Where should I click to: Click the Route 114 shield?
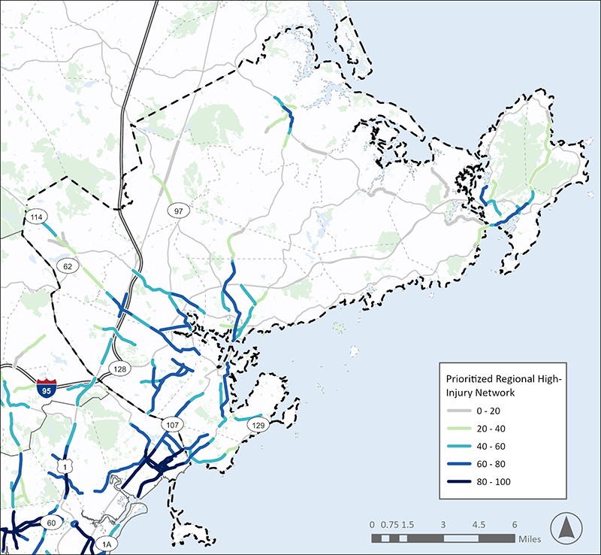[x=35, y=217]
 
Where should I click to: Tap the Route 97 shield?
[x=178, y=211]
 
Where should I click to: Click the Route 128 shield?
[x=118, y=368]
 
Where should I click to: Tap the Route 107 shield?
[x=171, y=426]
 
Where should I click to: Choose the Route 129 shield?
[x=258, y=426]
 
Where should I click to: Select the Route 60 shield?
[x=52, y=523]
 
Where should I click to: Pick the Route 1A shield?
[x=107, y=544]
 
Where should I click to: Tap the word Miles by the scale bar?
[x=529, y=538]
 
